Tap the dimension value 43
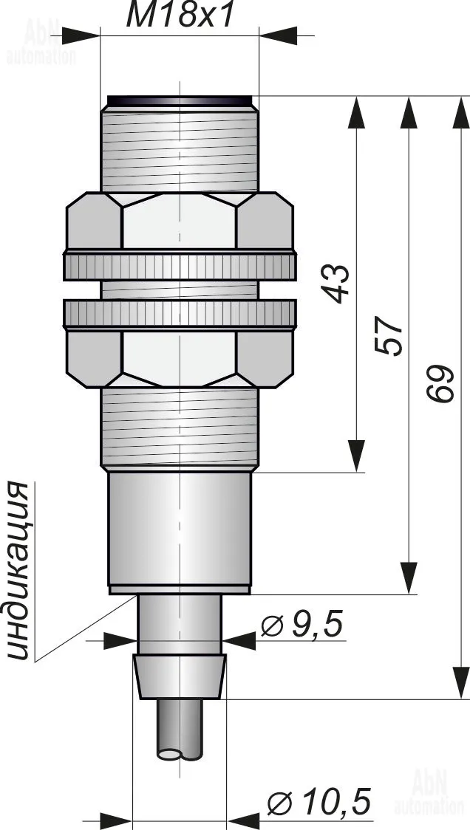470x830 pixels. [337, 284]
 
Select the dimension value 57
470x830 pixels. [389, 336]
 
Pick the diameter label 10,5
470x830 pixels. [319, 801]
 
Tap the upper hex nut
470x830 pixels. [180, 221]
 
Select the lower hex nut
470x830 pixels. [180, 359]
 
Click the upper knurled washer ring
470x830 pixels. [180, 267]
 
